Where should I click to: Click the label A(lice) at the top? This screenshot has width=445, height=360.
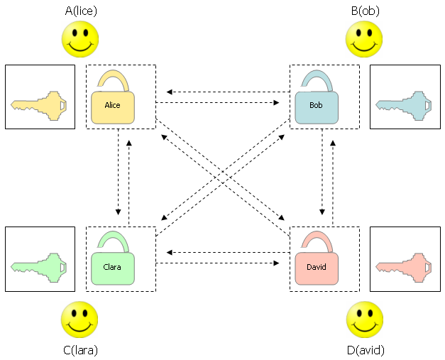(x=80, y=11)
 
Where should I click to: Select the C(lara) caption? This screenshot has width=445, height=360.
(x=80, y=349)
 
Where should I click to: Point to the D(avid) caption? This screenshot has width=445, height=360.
(x=365, y=349)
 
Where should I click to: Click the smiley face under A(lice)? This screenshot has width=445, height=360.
(x=80, y=39)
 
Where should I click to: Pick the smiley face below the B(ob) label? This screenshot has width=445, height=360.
(x=363, y=39)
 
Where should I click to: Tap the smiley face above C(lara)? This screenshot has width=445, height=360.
(x=79, y=320)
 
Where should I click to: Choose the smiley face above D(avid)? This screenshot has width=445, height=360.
(x=365, y=320)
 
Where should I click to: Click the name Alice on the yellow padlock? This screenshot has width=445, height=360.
(x=112, y=105)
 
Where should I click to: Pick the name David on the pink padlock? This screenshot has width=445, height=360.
(x=316, y=268)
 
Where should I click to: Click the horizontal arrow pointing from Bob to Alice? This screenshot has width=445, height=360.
(x=224, y=92)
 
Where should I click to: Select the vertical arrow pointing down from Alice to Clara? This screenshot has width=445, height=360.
(x=119, y=178)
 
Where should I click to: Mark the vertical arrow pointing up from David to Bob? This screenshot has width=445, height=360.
(x=332, y=178)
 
